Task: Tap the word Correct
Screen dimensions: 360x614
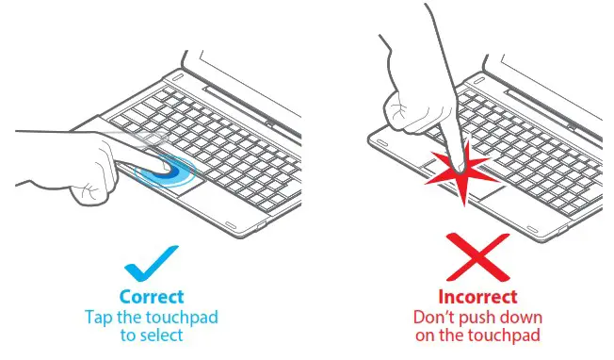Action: coord(151,296)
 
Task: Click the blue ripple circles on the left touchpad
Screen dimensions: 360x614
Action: coord(170,174)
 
